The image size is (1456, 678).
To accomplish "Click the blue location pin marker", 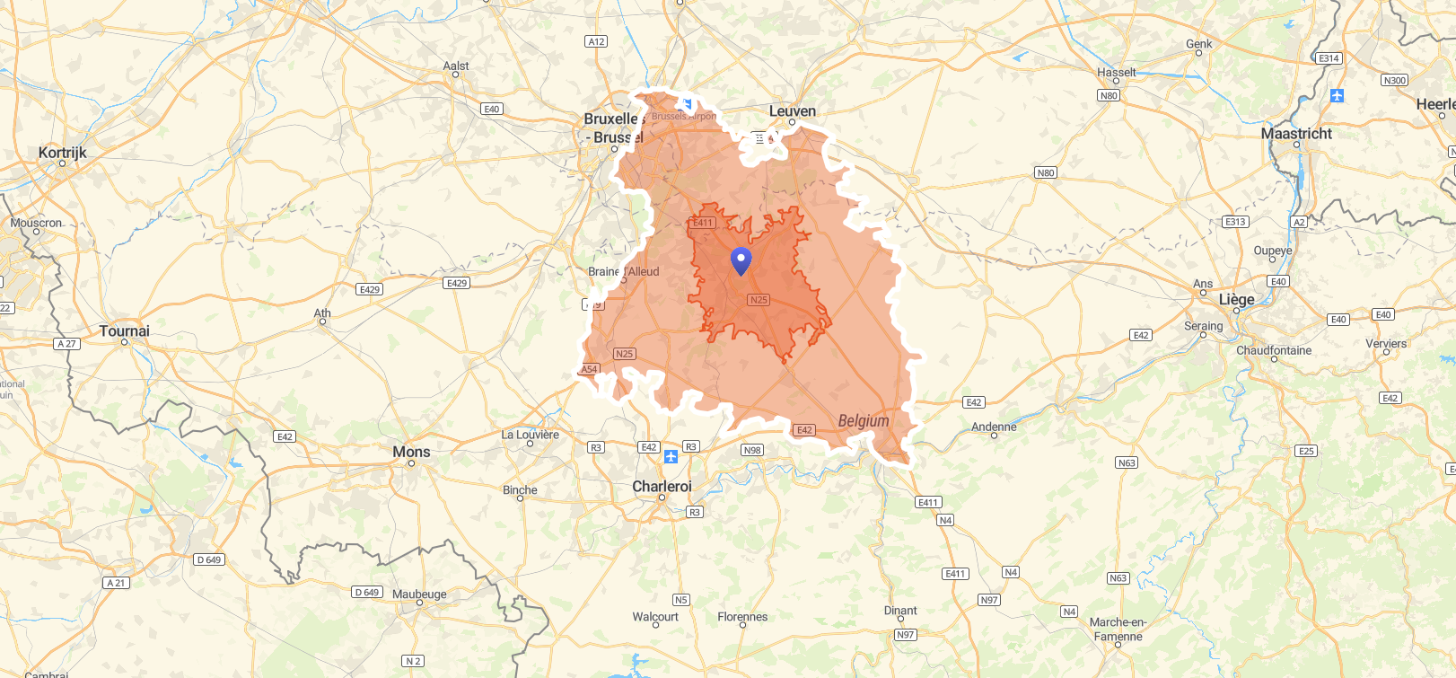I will coord(741,260).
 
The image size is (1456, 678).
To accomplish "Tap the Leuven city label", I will coord(793,111).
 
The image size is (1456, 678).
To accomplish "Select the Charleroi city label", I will coord(662,487).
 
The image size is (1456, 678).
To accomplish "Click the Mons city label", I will coord(411,452).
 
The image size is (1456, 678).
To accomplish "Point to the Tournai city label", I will coord(125,331).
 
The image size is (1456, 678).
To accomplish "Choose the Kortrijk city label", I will coord(63,153).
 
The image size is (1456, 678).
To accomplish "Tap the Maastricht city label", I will coord(1296,134).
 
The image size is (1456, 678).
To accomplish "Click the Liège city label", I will coord(1236,299).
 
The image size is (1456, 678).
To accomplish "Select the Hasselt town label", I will coord(1117,73).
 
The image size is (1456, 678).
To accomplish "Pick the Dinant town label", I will coord(900,611).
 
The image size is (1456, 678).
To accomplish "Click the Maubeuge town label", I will coord(419,594).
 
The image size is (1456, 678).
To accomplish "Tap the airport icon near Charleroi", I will coord(671,457).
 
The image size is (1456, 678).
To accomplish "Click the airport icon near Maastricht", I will coord(1337,95).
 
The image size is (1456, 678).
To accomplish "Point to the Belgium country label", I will coord(864,421).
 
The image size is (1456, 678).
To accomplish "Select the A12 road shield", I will coord(596,41).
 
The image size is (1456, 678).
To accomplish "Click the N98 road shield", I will coord(752,450).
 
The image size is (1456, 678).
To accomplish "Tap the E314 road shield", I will coord(1329,58).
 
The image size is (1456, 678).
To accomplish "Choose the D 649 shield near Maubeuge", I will coord(367,592).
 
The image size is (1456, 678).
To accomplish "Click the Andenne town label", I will coord(994,427).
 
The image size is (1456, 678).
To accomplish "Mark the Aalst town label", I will coord(456,66).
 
